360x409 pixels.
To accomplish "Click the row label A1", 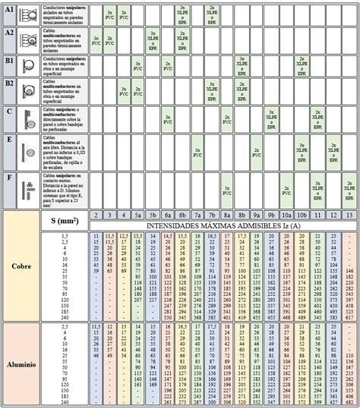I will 9,11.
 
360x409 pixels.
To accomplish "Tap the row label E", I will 9,140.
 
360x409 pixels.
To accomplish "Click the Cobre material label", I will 21,266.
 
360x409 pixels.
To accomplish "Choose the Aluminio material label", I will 21,364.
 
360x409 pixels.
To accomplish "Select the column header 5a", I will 137,215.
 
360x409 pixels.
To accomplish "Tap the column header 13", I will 349,215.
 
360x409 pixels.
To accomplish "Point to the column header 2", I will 96,215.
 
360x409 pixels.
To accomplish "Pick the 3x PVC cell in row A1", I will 110,14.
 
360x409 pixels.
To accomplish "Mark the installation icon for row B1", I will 30,65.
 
